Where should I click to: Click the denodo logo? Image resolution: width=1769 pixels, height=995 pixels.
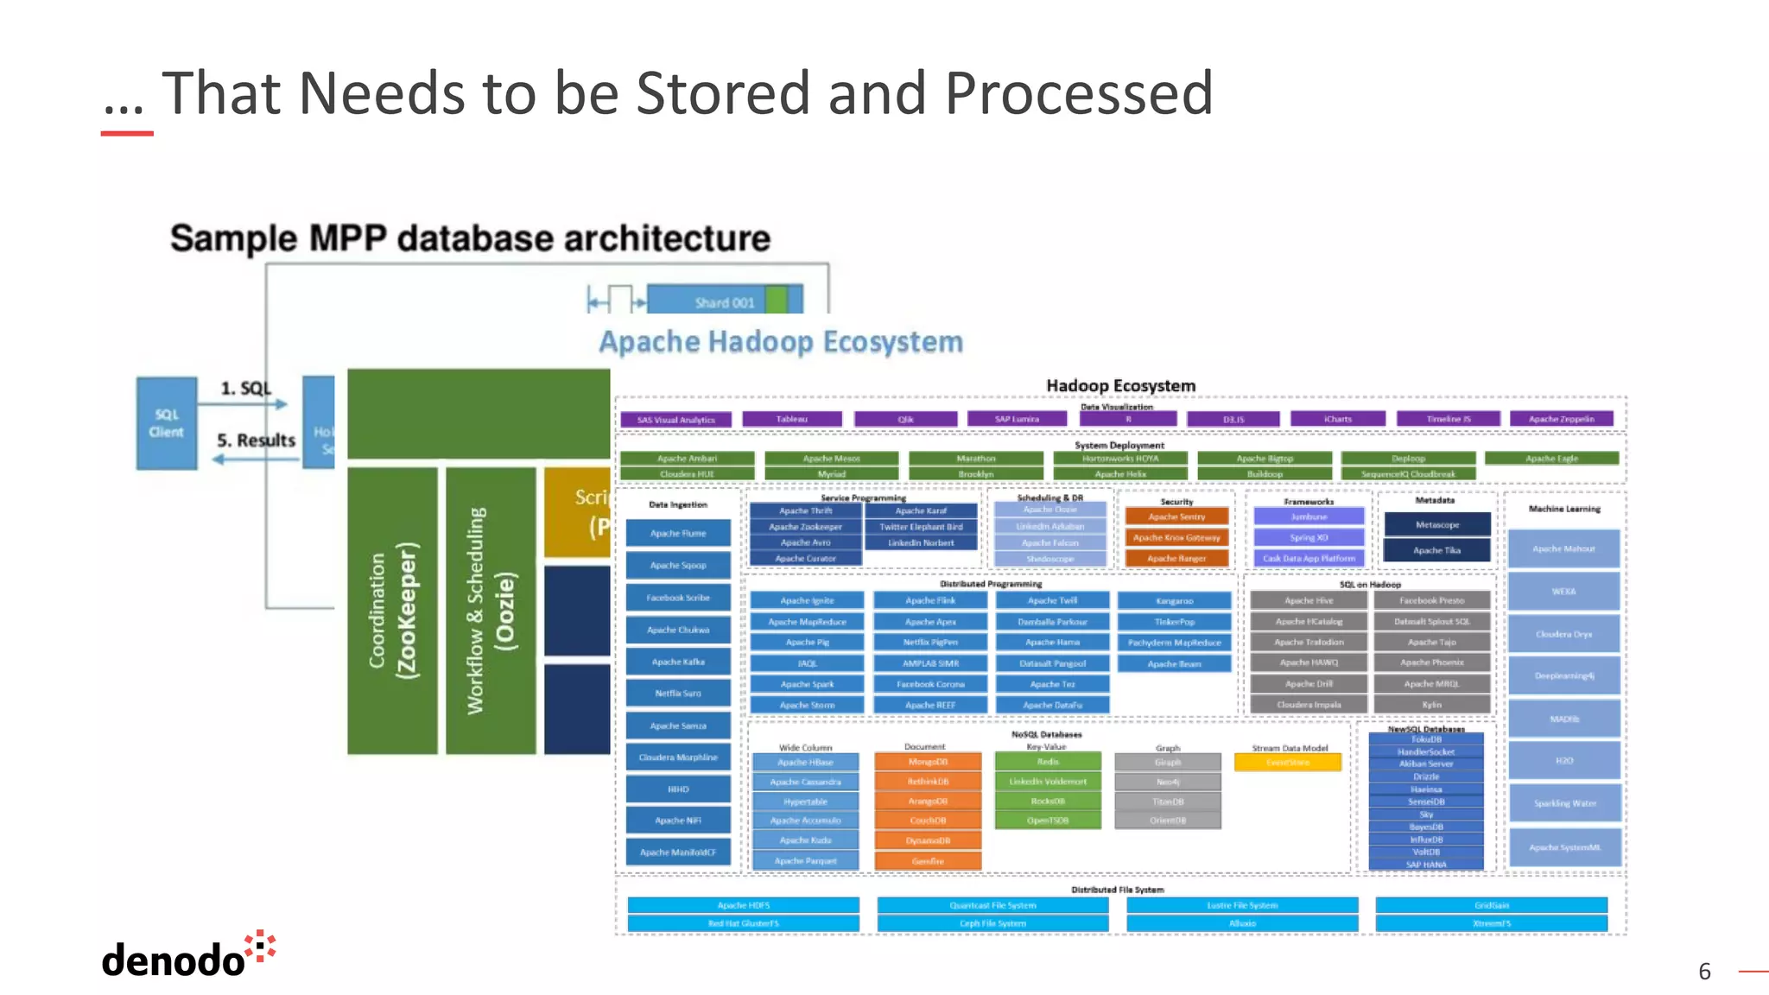tap(187, 955)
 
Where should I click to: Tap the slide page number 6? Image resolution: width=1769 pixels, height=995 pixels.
tap(1704, 972)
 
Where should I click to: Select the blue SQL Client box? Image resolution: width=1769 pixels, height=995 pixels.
tap(167, 423)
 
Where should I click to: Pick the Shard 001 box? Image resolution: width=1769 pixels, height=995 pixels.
tap(724, 301)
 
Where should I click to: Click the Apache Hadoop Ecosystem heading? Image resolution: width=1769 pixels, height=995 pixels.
tap(781, 342)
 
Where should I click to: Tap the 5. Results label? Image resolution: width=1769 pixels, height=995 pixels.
tap(256, 440)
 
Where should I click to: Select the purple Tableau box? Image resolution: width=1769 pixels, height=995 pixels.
tap(792, 420)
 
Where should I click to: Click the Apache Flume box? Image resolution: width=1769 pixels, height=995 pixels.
tap(678, 534)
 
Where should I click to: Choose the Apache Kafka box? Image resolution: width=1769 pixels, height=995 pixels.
tap(678, 662)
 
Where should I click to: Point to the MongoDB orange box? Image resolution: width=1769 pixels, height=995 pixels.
tap(928, 762)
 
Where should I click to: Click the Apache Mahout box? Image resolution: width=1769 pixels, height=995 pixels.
tap(1563, 548)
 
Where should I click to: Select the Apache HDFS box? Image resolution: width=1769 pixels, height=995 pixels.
tap(743, 905)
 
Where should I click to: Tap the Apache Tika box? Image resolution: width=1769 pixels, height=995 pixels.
tap(1437, 550)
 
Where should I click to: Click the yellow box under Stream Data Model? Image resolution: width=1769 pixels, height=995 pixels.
tap(1288, 763)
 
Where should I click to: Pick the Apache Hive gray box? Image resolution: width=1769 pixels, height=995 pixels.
tap(1309, 600)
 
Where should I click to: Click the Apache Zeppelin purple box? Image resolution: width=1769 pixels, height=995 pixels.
tap(1562, 420)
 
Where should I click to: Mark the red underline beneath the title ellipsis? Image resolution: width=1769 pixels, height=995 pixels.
tap(127, 134)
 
